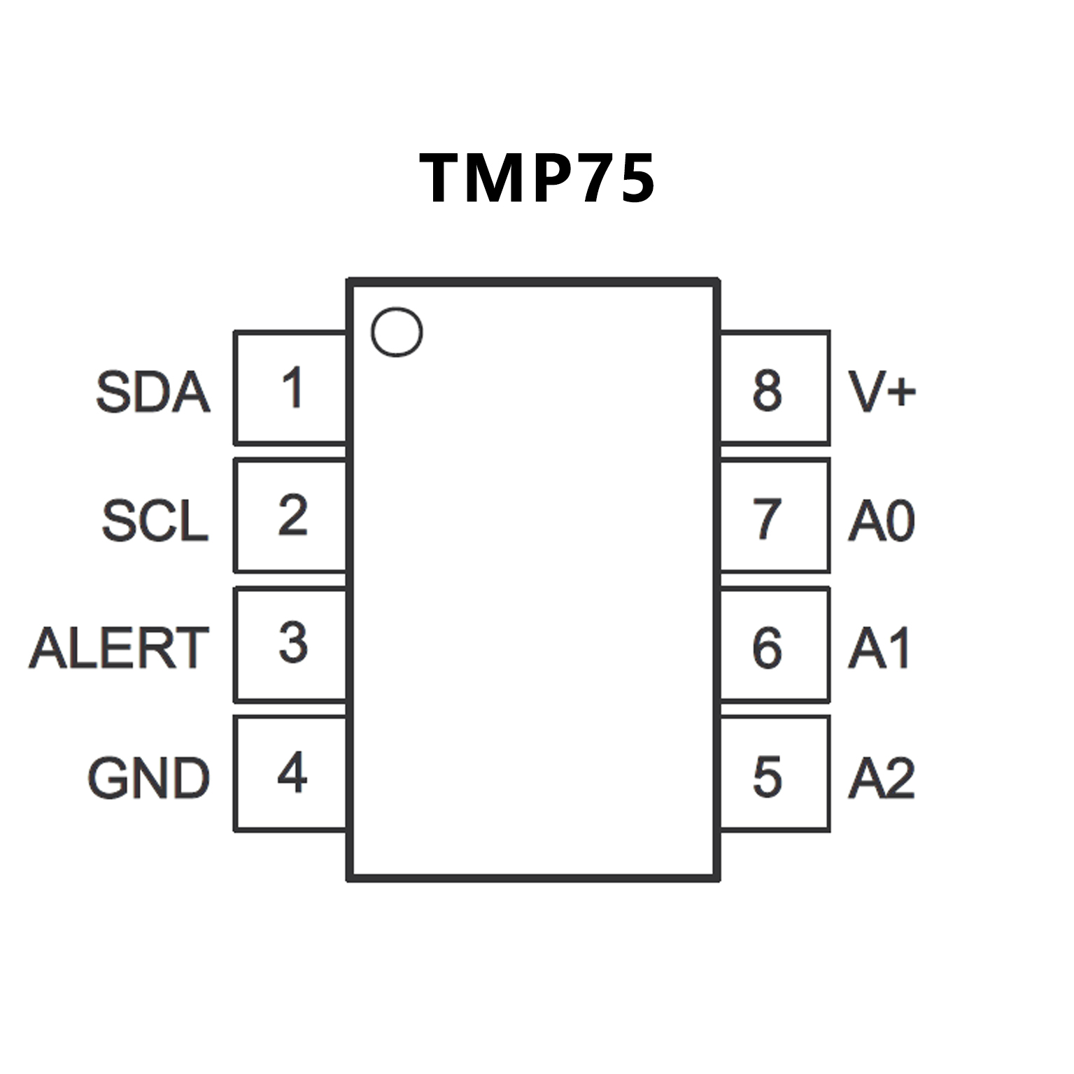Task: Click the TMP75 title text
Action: coord(537,178)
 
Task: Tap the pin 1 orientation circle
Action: coord(397,332)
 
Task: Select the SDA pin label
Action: coord(153,392)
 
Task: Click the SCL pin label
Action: coord(155,521)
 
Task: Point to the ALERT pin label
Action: coord(119,648)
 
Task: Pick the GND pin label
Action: coord(148,778)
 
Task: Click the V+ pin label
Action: coord(882,390)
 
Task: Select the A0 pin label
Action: coord(882,521)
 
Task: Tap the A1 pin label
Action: coord(879,648)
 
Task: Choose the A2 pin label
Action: coord(882,778)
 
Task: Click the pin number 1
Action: coord(292,388)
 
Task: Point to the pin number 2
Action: coord(292,516)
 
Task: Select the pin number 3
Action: coord(292,643)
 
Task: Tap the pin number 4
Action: coord(292,772)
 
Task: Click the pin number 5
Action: coord(767,777)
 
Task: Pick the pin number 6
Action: coord(767,648)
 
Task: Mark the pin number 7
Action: coord(767,519)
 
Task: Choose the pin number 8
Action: coord(767,390)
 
